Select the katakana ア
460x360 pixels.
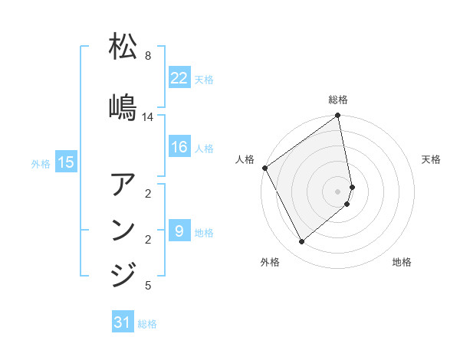click(123, 186)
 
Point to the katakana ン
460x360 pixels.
click(123, 230)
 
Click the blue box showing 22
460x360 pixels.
click(179, 78)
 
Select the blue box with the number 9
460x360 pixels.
click(179, 231)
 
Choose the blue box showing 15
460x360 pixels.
click(66, 162)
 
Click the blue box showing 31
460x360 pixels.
click(123, 323)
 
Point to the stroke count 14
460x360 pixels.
click(147, 117)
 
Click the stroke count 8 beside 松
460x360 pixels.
click(147, 56)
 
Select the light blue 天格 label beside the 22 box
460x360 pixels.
click(204, 79)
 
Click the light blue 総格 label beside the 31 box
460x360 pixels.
click(147, 324)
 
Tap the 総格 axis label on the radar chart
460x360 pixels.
click(338, 100)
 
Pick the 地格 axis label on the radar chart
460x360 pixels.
click(402, 263)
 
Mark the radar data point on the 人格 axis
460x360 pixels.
click(264, 168)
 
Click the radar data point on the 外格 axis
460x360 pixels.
click(302, 242)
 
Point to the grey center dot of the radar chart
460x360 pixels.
click(338, 191)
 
